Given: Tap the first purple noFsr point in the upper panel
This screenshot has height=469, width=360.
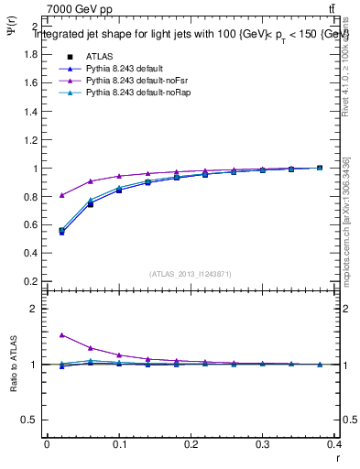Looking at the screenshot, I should tap(61, 195).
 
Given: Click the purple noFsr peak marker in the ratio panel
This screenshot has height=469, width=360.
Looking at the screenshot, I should tap(61, 335).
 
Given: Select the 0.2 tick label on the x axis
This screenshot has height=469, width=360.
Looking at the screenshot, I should tap(191, 443).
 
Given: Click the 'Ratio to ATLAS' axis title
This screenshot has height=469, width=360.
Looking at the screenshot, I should tap(15, 365).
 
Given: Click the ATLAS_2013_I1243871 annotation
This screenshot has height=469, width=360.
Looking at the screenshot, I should tap(191, 274).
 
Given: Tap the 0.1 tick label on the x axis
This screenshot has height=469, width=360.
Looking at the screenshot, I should tap(119, 443).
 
